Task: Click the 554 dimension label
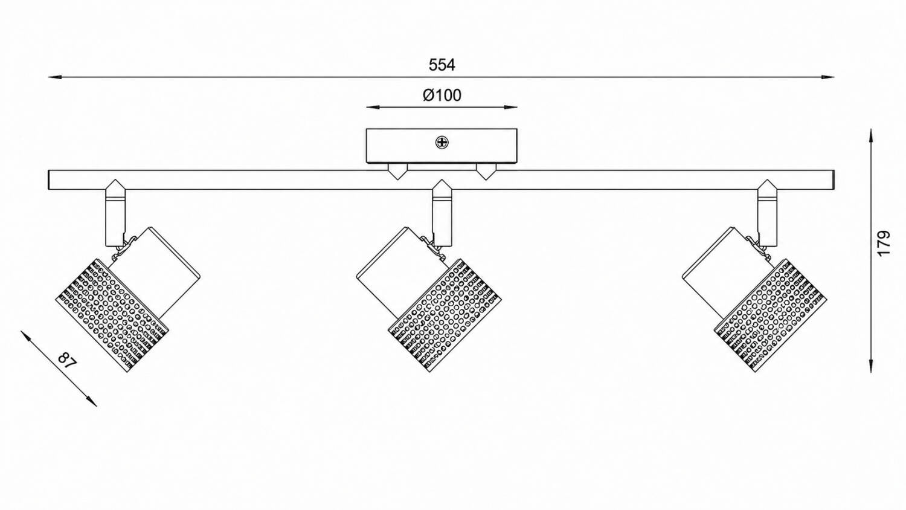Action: [442, 65]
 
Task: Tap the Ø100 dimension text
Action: [442, 95]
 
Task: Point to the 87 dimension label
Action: [67, 360]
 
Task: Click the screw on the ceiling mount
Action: [442, 143]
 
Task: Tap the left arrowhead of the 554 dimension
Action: [54, 77]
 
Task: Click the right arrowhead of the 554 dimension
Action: [827, 77]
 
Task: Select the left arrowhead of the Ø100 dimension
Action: [373, 108]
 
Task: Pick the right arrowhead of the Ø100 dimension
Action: [510, 108]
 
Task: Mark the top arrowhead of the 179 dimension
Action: [870, 135]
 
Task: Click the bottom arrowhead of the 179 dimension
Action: [870, 377]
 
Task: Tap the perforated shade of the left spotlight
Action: [112, 315]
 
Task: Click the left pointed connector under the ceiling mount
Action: [398, 172]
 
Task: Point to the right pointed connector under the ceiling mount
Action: [486, 172]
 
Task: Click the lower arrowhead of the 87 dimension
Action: [92, 401]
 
